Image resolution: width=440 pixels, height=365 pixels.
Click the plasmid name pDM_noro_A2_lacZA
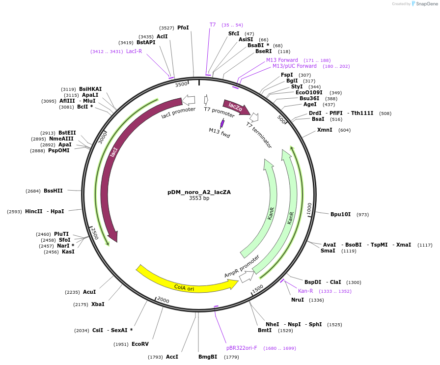(199, 192)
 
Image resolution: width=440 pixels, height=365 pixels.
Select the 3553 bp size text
(199, 198)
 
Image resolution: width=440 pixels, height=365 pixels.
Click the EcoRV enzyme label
(140, 344)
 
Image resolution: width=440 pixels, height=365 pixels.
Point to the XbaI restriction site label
(98, 304)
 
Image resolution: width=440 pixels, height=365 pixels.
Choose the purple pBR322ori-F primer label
(242, 348)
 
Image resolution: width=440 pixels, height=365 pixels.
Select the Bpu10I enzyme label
(340, 214)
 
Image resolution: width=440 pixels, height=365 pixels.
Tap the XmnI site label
(325, 130)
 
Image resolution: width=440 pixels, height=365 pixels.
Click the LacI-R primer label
(134, 51)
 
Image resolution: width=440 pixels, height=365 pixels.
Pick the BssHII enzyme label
(53, 191)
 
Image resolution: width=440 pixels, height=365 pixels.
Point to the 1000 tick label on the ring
(309, 208)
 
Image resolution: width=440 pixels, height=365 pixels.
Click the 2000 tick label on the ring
(163, 300)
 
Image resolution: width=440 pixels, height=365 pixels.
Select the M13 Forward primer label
(282, 60)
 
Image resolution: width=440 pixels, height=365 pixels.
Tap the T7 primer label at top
(213, 25)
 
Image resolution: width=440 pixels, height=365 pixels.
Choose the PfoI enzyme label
(183, 28)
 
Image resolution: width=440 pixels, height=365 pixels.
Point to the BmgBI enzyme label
(208, 357)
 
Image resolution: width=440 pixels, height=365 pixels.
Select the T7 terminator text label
(259, 135)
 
